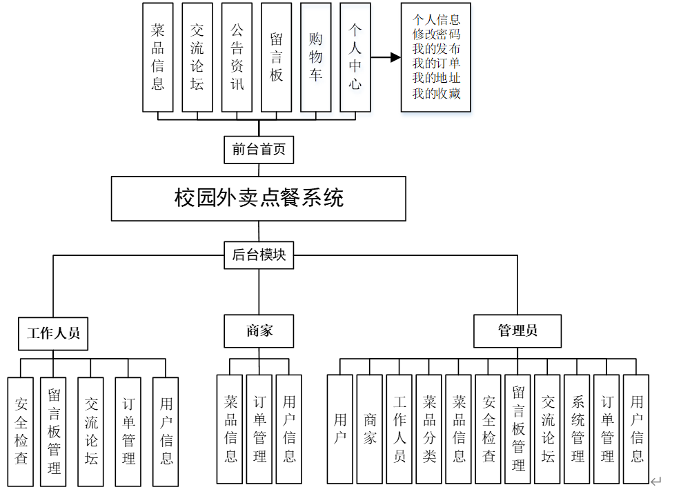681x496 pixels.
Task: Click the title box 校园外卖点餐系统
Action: point(259,199)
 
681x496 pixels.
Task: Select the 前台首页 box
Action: point(259,149)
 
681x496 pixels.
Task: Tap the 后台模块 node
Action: point(259,255)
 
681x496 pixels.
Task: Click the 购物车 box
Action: point(316,57)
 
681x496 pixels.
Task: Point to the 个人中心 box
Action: point(355,57)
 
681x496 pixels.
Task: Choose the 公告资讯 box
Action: point(237,57)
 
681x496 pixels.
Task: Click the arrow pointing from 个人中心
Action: point(386,57)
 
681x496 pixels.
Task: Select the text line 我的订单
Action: point(436,63)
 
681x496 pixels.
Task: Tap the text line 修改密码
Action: point(436,34)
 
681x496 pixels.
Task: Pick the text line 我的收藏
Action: point(436,94)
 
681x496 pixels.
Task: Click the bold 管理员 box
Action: point(517,331)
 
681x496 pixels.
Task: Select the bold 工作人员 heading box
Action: point(54,333)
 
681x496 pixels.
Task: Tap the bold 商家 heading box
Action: point(259,331)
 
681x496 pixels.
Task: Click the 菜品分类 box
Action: point(429,428)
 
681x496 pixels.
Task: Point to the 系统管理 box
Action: point(578,428)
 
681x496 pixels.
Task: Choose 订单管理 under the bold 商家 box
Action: point(259,428)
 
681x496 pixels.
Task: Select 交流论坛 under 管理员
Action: point(548,428)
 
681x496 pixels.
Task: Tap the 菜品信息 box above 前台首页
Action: point(158,57)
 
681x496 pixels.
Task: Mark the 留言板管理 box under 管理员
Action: point(518,428)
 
